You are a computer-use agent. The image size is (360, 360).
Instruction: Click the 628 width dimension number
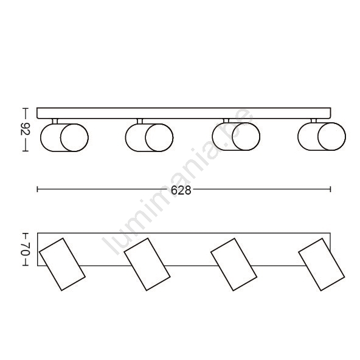[181, 190]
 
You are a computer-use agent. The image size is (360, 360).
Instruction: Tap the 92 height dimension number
[26, 130]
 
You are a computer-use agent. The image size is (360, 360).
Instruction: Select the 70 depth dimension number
[26, 249]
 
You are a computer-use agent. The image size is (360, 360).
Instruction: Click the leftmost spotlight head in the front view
[64, 137]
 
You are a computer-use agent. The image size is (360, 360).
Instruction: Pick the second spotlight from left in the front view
[149, 137]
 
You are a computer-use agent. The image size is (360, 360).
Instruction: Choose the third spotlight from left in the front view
[236, 136]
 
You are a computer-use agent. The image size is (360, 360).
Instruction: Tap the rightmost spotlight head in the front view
[322, 136]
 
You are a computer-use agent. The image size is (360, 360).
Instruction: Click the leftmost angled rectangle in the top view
[62, 265]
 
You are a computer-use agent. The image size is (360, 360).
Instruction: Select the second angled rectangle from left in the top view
[147, 265]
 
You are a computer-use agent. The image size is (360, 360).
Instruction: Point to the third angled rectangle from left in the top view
[234, 265]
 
